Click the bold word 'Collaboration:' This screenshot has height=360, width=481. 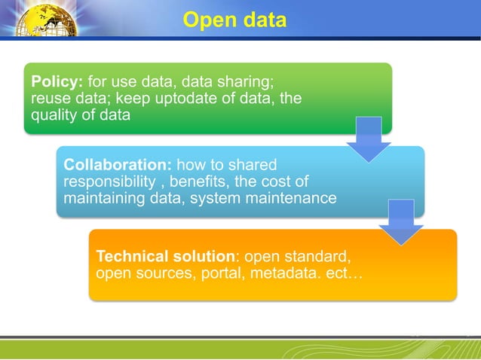tap(119, 164)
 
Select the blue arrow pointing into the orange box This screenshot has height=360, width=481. tap(401, 221)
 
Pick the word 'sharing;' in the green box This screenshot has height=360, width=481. tap(255, 81)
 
